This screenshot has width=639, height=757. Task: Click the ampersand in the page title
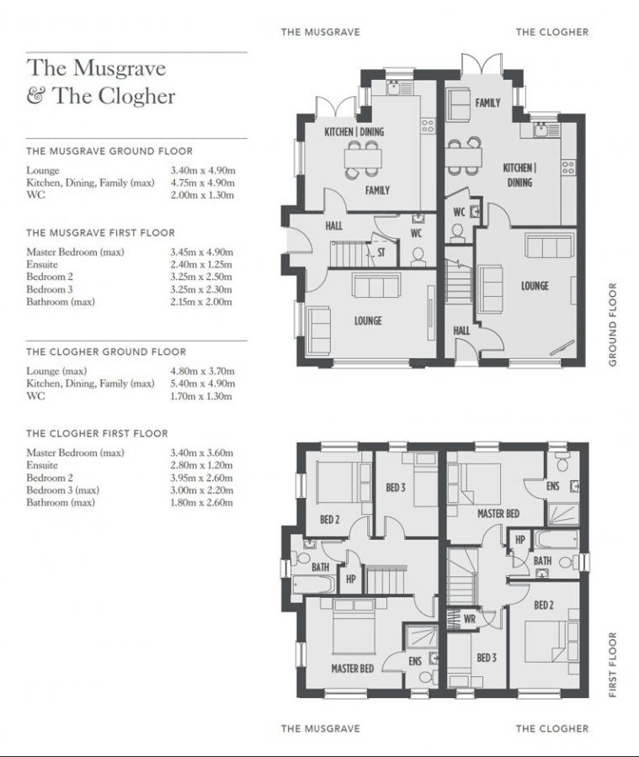tap(36, 96)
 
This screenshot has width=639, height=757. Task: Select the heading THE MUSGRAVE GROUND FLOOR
tap(109, 151)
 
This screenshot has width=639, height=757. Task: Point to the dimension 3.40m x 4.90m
tap(202, 171)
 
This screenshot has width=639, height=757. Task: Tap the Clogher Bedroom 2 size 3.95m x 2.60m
tap(201, 478)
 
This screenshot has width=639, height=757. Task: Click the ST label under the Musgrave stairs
tap(381, 251)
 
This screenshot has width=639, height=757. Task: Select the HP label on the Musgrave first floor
tap(351, 580)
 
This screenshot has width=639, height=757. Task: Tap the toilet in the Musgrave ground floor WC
tap(418, 257)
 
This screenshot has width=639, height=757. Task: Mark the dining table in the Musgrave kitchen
tap(363, 158)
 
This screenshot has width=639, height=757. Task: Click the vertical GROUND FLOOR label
tap(613, 324)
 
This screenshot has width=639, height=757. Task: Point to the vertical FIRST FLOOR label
tap(613, 664)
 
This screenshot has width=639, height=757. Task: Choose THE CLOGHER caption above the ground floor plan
tap(552, 32)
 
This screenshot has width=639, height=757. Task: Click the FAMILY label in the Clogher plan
tap(487, 103)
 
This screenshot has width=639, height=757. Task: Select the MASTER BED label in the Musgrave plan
tap(352, 669)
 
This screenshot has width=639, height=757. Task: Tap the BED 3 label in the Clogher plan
tap(487, 658)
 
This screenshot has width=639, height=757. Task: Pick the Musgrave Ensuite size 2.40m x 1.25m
tap(201, 264)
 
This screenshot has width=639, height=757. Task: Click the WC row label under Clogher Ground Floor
tap(35, 396)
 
